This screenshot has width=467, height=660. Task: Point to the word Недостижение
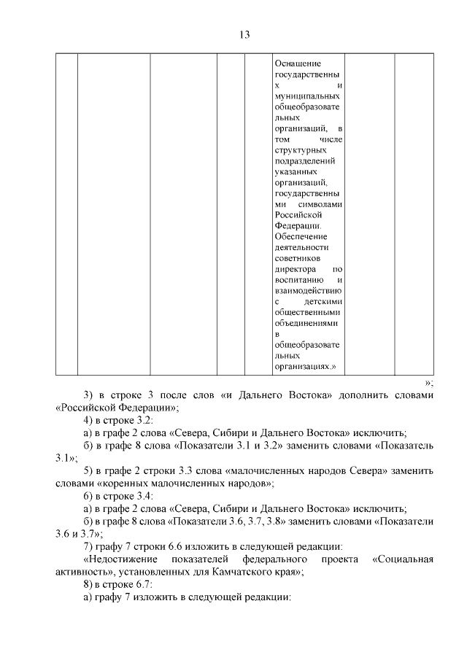tap(120, 559)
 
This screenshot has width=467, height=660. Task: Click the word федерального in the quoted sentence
tap(278, 559)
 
